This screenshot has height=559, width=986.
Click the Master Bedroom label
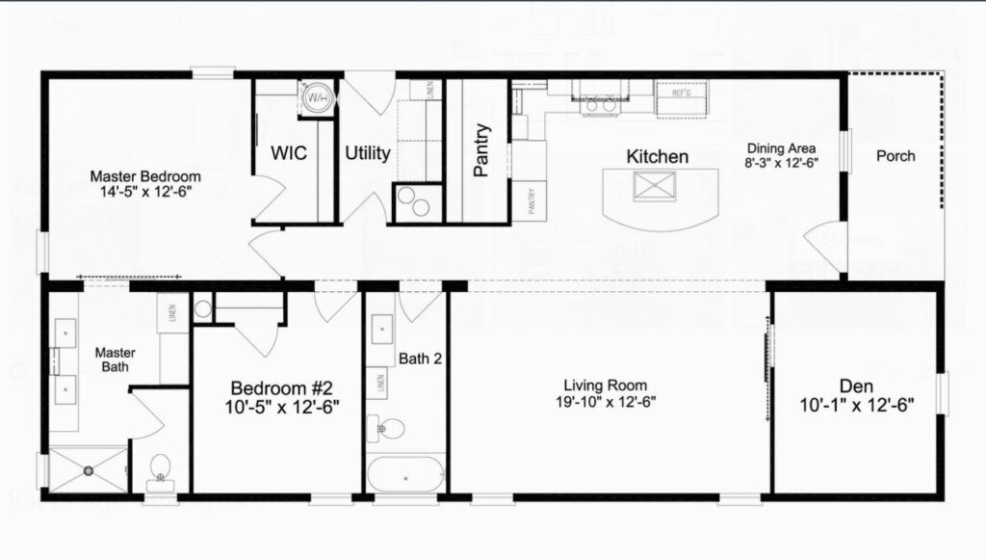point(145,176)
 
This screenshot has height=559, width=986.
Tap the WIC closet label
point(288,153)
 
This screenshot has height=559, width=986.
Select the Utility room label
point(368,153)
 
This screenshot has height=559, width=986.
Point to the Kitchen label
point(658,156)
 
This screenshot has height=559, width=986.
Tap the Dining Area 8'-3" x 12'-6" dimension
point(781,163)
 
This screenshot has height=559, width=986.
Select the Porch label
point(895,155)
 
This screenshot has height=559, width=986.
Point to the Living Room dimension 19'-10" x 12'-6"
point(606,401)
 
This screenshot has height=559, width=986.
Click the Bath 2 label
point(420,359)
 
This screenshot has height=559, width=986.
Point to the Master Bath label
point(115,359)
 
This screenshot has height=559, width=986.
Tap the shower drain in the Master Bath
point(89,471)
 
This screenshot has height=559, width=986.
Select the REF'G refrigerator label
point(682,93)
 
